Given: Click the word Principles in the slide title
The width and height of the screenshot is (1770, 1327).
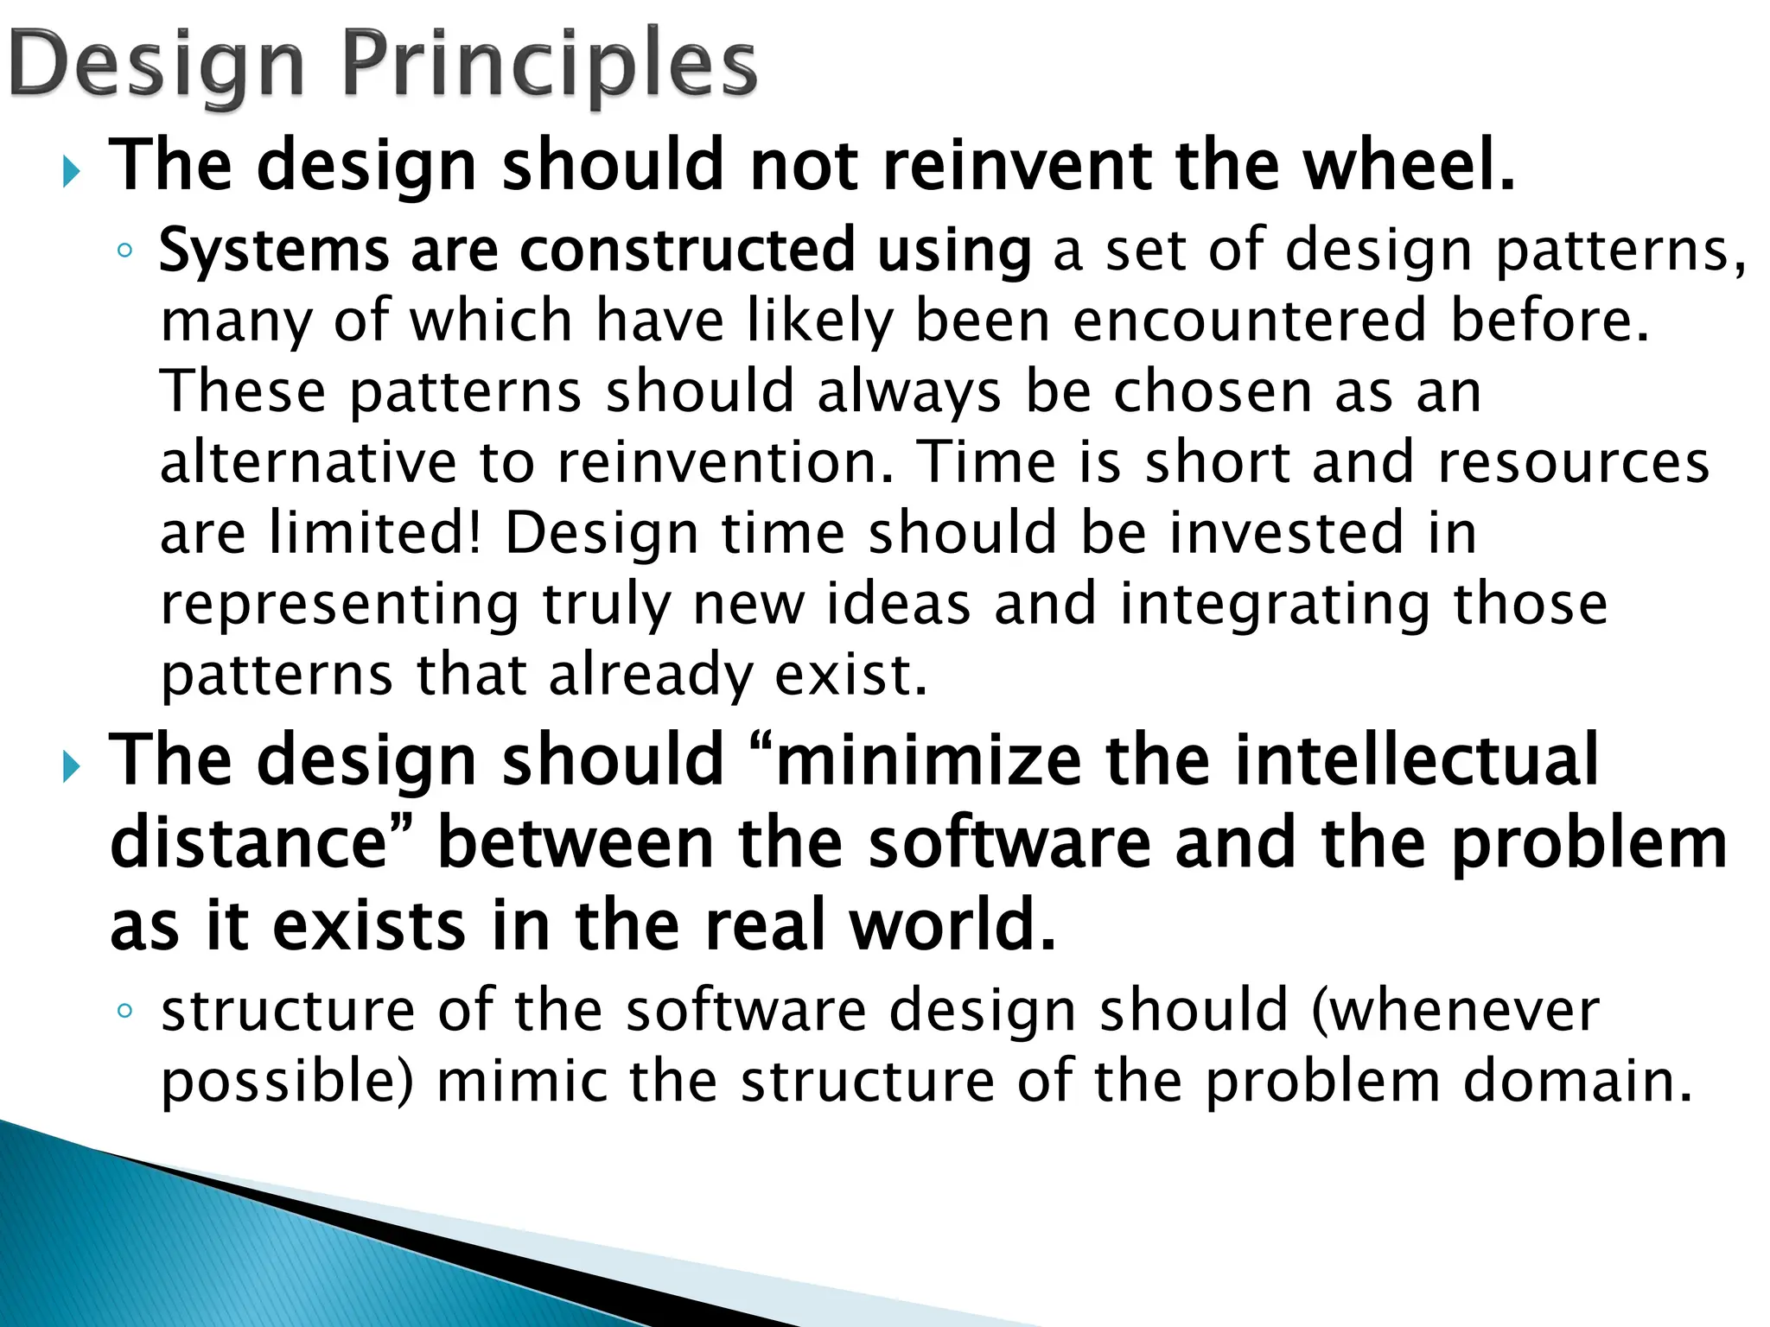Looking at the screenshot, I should coord(550,66).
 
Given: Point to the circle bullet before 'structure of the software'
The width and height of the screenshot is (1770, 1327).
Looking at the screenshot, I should coord(124,1012).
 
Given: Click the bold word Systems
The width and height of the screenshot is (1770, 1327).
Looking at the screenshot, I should coord(274,251).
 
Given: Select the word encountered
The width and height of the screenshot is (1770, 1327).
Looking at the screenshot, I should coord(1250,321).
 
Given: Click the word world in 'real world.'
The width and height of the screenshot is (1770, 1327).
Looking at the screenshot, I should coord(951,925).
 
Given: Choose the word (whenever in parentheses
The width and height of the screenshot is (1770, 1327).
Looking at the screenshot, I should coord(1455,1010).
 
